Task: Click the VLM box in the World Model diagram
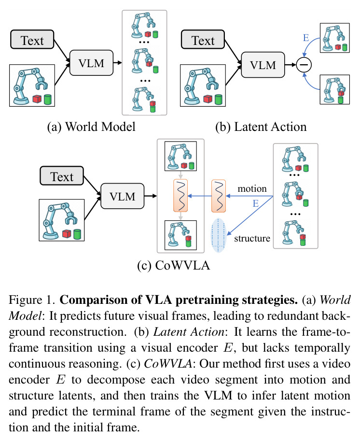(x=91, y=63)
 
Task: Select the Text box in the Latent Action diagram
(x=203, y=40)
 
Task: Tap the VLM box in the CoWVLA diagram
(x=122, y=196)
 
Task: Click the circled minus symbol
(x=304, y=65)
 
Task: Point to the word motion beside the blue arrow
(x=252, y=188)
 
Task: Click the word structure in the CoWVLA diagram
(x=252, y=239)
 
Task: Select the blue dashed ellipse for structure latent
(x=219, y=235)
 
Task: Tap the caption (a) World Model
(x=91, y=127)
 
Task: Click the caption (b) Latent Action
(x=261, y=127)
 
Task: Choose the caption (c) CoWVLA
(x=174, y=266)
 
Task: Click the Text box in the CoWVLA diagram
(x=62, y=176)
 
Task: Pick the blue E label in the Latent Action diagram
(x=306, y=38)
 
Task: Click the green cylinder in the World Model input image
(x=48, y=100)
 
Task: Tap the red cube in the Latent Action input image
(x=208, y=99)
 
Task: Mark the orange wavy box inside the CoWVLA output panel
(x=180, y=196)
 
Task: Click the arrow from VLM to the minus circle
(x=291, y=65)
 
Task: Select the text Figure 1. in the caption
(x=31, y=300)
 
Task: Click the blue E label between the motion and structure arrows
(x=255, y=203)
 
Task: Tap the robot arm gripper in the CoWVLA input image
(x=71, y=218)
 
